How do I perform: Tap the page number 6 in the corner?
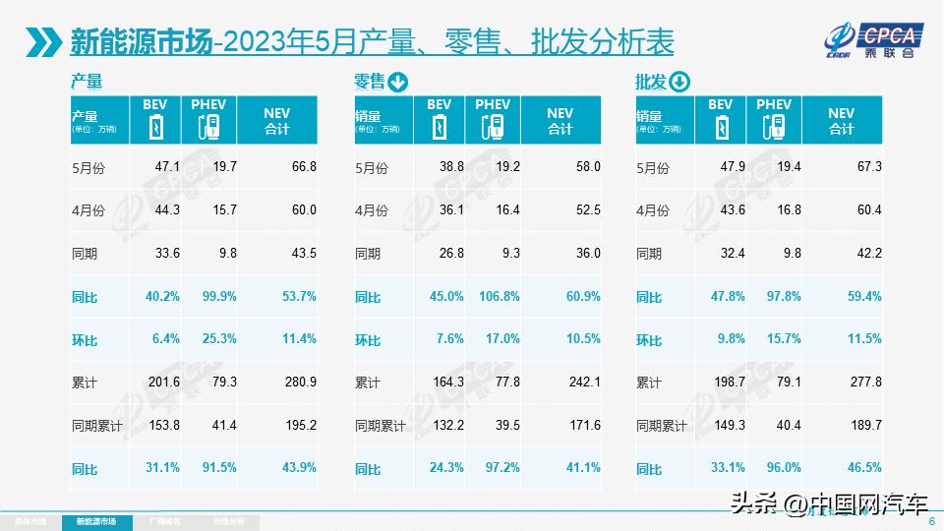931,522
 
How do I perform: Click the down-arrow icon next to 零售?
397,82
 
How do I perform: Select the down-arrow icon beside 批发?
679,82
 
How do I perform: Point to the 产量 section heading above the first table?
87,82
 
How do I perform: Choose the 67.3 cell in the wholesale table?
868,168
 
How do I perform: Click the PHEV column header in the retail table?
493,105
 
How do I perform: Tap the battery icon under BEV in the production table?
154,128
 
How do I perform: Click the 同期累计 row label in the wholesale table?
662,426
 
